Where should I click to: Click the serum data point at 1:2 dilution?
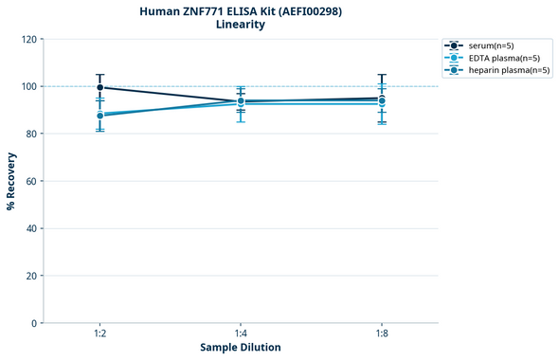point(99,87)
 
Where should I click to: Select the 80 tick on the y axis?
point(30,134)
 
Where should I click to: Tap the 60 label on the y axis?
point(30,181)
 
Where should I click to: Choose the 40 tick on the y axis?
point(30,228)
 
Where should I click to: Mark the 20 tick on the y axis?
point(30,276)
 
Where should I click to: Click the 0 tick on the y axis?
point(33,323)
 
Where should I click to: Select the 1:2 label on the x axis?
point(99,334)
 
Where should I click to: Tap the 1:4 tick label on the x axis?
point(241,334)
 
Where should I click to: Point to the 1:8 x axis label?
point(381,334)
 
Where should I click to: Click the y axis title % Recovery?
point(10,181)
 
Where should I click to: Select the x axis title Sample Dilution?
point(241,348)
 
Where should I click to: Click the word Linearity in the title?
point(241,25)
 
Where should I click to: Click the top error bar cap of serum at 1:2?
point(99,75)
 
